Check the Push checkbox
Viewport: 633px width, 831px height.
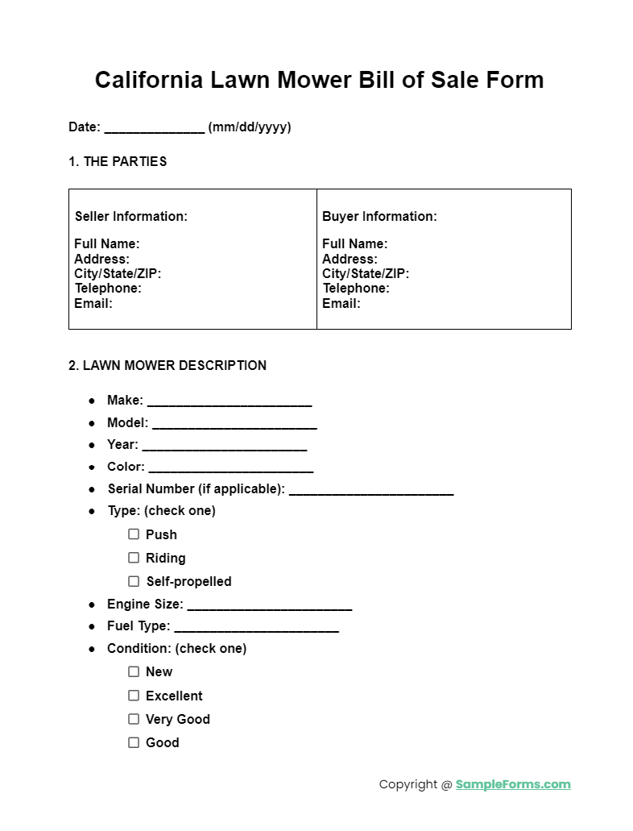pos(134,534)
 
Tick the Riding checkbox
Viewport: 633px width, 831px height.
pos(134,557)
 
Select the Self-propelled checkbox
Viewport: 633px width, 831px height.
pos(134,580)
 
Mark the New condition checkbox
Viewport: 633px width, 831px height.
pos(134,671)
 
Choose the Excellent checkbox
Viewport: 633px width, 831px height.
pos(134,695)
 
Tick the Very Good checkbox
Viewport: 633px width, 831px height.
pos(134,718)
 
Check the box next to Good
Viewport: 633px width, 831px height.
pos(134,742)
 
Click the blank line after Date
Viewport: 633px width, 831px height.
pos(154,128)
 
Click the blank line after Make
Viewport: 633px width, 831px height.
pos(230,401)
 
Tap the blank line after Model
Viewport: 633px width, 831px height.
pos(234,424)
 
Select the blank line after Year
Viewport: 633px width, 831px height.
pos(224,446)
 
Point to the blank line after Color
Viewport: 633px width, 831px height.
pos(231,467)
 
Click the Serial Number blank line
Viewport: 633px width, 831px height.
pos(371,490)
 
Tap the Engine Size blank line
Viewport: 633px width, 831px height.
pos(269,605)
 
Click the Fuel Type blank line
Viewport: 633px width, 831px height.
pos(256,627)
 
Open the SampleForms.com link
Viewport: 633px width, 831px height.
pos(513,784)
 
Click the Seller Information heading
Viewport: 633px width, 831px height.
pos(131,216)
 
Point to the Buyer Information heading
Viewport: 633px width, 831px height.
pos(379,216)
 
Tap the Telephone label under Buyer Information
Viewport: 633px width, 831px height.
pos(356,288)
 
